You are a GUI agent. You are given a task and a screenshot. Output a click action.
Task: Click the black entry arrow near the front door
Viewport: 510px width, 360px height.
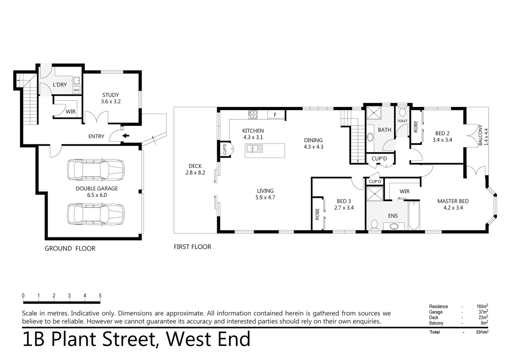pyautogui.click(x=126, y=136)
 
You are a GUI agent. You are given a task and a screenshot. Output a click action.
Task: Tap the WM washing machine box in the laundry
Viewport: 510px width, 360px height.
pyautogui.click(x=76, y=90)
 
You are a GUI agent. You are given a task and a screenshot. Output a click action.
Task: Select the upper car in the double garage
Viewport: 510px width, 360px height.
pyautogui.click(x=96, y=170)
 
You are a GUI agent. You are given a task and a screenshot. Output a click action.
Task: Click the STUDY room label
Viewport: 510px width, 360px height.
pyautogui.click(x=110, y=95)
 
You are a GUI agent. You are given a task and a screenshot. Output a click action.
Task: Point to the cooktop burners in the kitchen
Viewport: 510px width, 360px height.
pyautogui.click(x=253, y=115)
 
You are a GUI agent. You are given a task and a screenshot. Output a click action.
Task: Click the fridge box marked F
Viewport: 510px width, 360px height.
pyautogui.click(x=276, y=115)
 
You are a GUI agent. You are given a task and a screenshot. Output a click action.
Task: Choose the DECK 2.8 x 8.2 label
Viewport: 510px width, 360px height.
pyautogui.click(x=195, y=169)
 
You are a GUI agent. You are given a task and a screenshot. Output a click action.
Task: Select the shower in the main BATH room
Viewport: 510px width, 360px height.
pyautogui.click(x=374, y=113)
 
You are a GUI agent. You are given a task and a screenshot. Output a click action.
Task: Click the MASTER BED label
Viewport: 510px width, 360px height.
pyautogui.click(x=453, y=201)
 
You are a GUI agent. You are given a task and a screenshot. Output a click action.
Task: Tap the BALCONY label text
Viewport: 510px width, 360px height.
pyautogui.click(x=480, y=135)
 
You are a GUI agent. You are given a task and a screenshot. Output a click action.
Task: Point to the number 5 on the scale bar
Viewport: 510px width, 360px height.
pyautogui.click(x=100, y=296)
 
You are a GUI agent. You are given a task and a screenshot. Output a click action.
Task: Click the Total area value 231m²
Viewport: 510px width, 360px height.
pyautogui.click(x=482, y=332)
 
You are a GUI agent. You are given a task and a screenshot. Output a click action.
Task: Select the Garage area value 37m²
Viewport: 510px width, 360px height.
pyautogui.click(x=483, y=312)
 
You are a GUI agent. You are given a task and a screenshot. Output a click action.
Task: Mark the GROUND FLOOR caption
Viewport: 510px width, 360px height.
pyautogui.click(x=70, y=249)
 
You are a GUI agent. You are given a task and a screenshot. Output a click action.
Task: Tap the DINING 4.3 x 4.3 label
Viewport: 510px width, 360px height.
pyautogui.click(x=313, y=143)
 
